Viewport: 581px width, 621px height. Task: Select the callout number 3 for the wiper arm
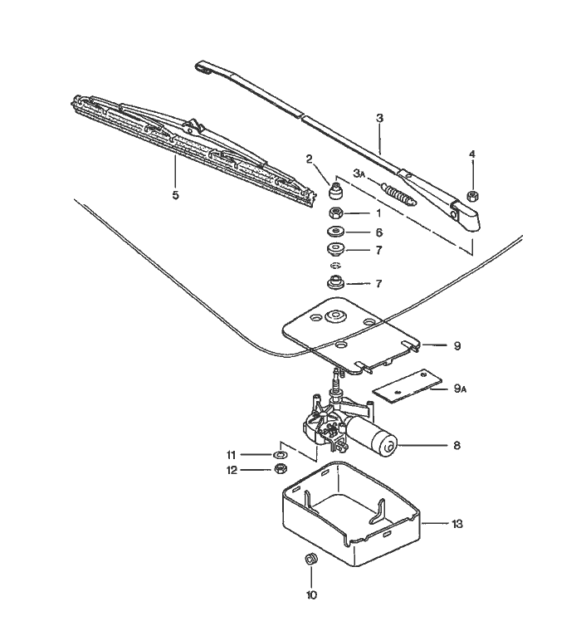(x=379, y=119)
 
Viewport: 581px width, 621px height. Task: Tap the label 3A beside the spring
(x=359, y=174)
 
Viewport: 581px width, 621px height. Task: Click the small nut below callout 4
(x=471, y=196)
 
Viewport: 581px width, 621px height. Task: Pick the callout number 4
(x=472, y=154)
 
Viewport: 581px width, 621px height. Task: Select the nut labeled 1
(x=336, y=213)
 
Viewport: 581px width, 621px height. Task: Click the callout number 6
(x=379, y=233)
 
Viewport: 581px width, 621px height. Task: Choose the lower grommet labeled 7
(x=335, y=282)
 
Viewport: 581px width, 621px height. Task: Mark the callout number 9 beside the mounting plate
(x=456, y=345)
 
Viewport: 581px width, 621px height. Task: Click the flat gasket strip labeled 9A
(x=404, y=388)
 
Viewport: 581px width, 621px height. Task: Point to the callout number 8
(x=456, y=446)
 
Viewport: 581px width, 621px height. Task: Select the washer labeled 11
(x=280, y=455)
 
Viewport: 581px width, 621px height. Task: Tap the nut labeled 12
(x=280, y=470)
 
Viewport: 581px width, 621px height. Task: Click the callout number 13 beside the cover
(x=456, y=524)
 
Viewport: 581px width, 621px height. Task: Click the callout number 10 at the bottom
(x=312, y=594)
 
